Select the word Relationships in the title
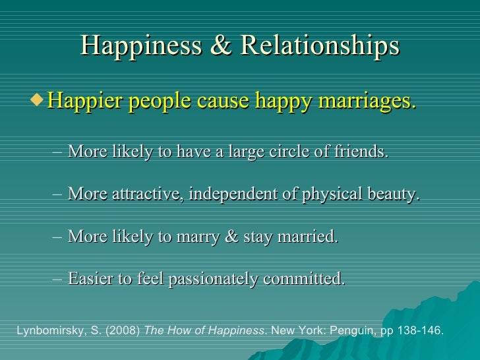pos(320,45)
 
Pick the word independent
pos(233,195)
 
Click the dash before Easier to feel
pos(57,279)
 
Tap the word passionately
pos(214,279)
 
